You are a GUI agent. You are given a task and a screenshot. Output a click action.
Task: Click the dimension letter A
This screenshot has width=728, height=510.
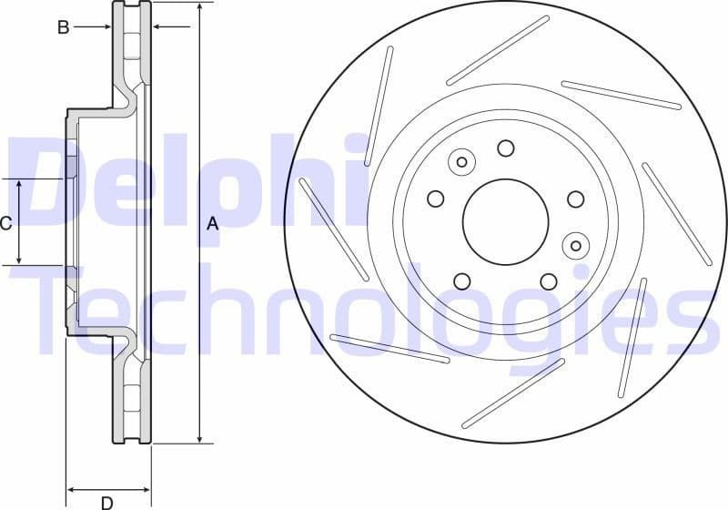pos(213,223)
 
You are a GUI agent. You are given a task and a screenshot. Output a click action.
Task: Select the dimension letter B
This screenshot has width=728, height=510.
pos(63,27)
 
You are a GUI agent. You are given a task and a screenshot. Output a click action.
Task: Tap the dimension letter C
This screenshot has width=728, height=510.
pos(5,223)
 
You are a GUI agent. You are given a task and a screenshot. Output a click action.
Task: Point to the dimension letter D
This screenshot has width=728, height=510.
pos(106,503)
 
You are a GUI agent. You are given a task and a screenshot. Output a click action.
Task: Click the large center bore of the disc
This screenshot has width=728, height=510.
pos(505,220)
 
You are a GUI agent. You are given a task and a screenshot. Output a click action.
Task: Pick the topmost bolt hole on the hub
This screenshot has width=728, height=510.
pos(506,148)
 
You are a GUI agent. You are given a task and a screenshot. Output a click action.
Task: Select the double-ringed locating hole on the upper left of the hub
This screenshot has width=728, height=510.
pos(461,162)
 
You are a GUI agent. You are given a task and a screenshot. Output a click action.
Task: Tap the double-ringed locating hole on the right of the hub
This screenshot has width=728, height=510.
pos(575,245)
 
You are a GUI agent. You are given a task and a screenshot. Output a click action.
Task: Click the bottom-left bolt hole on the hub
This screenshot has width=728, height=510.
pos(461,281)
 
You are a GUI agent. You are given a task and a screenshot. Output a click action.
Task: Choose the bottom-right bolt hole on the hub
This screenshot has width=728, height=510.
pos(548,281)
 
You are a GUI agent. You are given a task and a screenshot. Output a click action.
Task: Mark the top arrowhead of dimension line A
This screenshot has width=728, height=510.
pos(198,7)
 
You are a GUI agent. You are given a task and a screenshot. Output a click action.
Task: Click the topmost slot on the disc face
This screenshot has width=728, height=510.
pos(498,50)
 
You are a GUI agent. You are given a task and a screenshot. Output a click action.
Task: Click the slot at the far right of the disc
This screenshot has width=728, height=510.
pos(677,213)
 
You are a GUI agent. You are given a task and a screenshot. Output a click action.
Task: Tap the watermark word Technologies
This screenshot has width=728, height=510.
pos(364,310)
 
